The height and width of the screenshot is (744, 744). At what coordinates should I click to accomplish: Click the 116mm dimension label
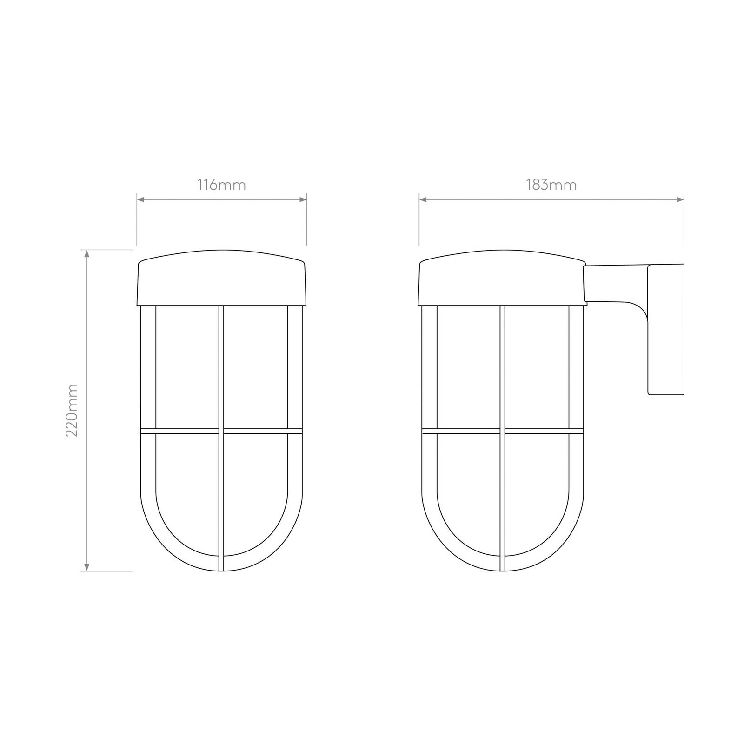pyautogui.click(x=222, y=185)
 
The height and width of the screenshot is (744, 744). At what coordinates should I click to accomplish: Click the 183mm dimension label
pyautogui.click(x=551, y=185)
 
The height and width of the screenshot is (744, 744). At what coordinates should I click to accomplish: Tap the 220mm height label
pyautogui.click(x=72, y=410)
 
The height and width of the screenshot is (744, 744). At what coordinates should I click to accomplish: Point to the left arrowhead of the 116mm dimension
pyautogui.click(x=141, y=200)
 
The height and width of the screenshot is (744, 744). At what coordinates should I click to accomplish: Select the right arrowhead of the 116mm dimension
pyautogui.click(x=303, y=200)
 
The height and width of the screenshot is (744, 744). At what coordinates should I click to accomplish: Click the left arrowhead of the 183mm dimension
pyautogui.click(x=423, y=200)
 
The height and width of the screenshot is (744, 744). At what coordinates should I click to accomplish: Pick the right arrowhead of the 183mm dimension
pyautogui.click(x=680, y=200)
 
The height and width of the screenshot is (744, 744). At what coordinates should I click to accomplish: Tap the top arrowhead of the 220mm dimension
pyautogui.click(x=86, y=254)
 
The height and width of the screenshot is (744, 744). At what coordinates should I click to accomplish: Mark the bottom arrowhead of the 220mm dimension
pyautogui.click(x=86, y=566)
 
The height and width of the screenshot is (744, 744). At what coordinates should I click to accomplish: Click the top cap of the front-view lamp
pyautogui.click(x=222, y=278)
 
